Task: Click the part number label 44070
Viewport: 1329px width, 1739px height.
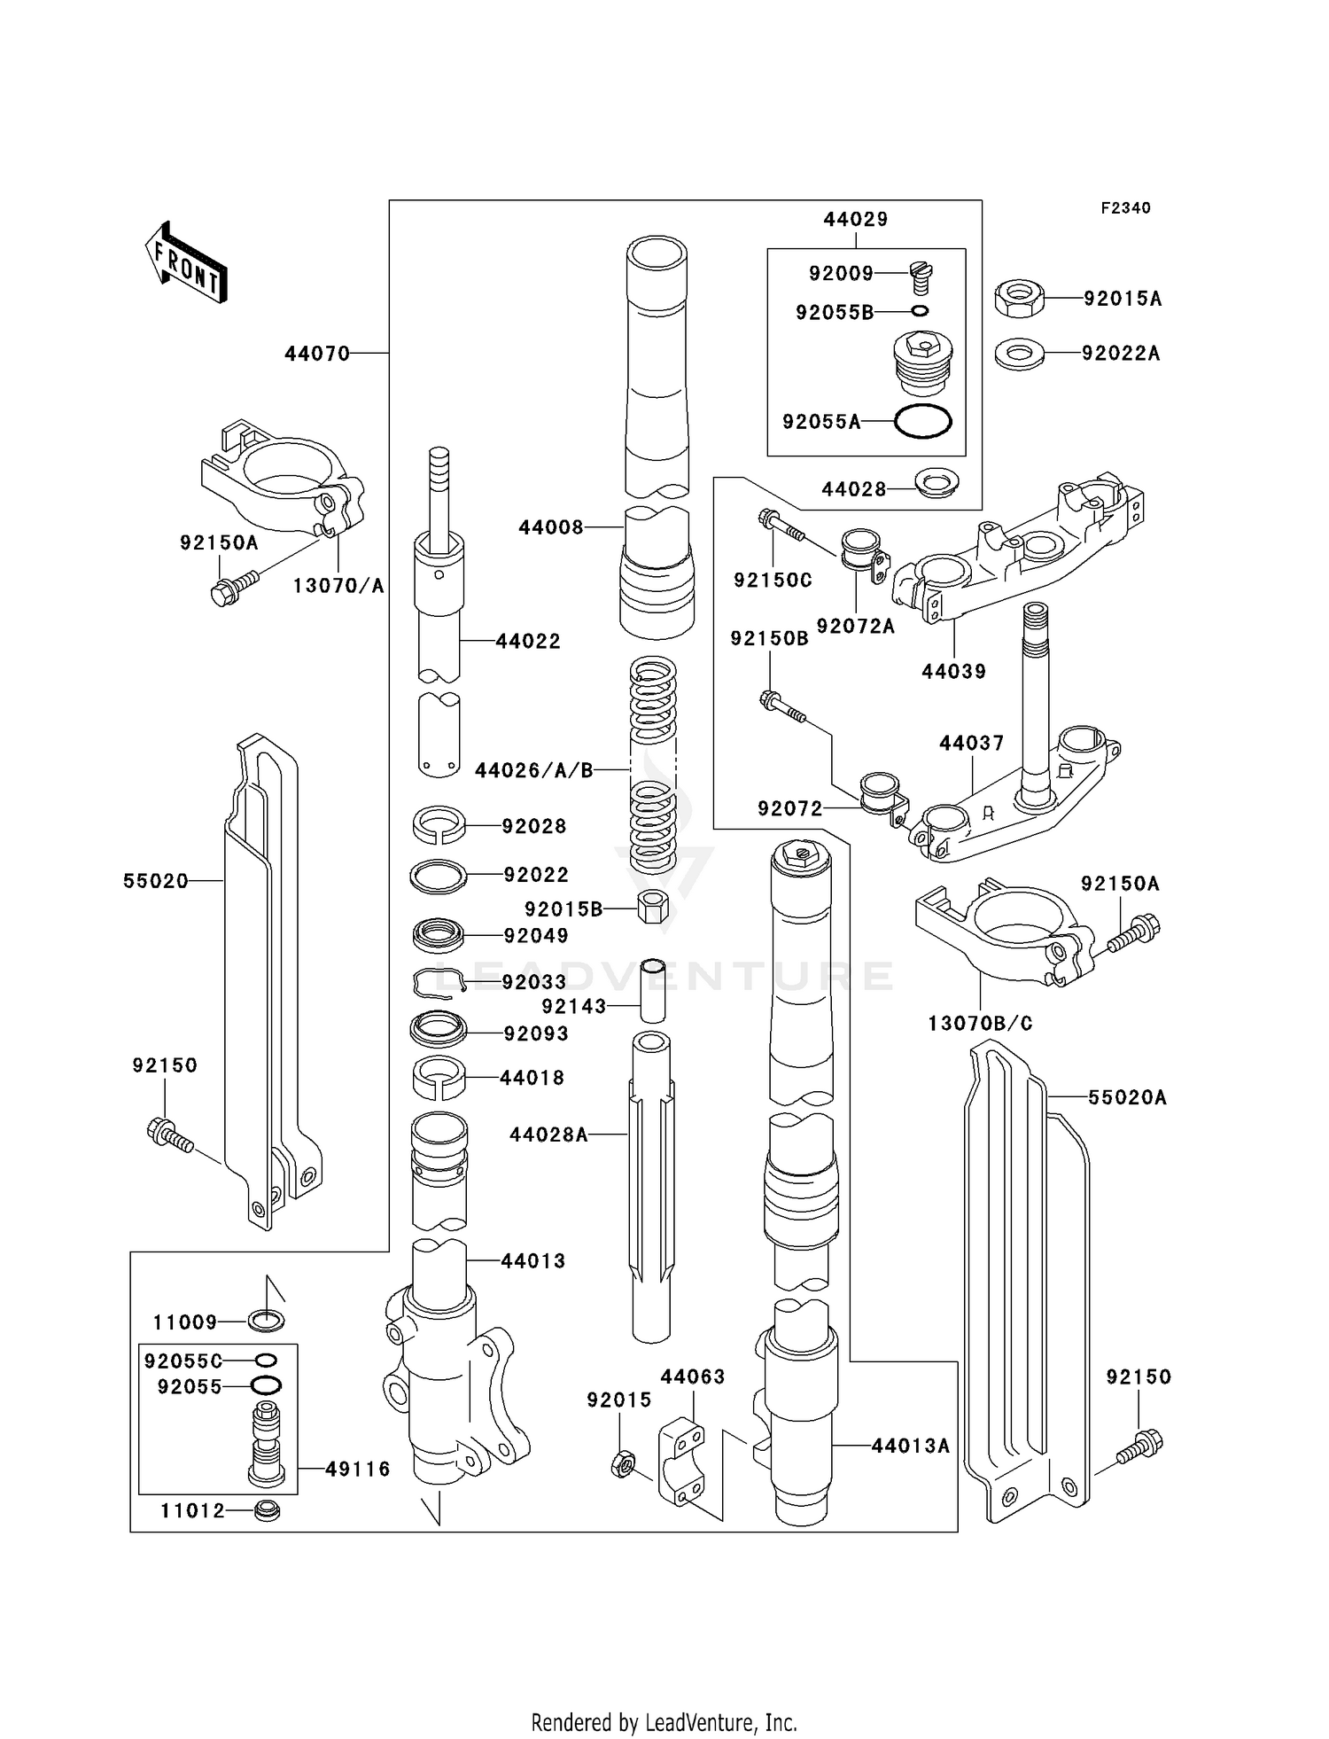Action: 317,354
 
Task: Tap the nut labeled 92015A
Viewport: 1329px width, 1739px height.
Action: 1019,298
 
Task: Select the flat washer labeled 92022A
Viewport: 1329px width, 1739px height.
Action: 1019,354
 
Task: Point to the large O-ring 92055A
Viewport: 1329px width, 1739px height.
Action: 922,421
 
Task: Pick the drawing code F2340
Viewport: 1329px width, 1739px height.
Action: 1125,207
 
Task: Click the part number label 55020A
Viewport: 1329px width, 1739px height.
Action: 1127,1097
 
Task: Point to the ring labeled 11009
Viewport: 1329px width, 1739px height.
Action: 267,1322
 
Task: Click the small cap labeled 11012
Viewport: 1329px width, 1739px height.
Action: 267,1510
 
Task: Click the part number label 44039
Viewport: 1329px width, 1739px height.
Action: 953,671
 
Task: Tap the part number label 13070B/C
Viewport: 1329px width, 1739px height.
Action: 980,1023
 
